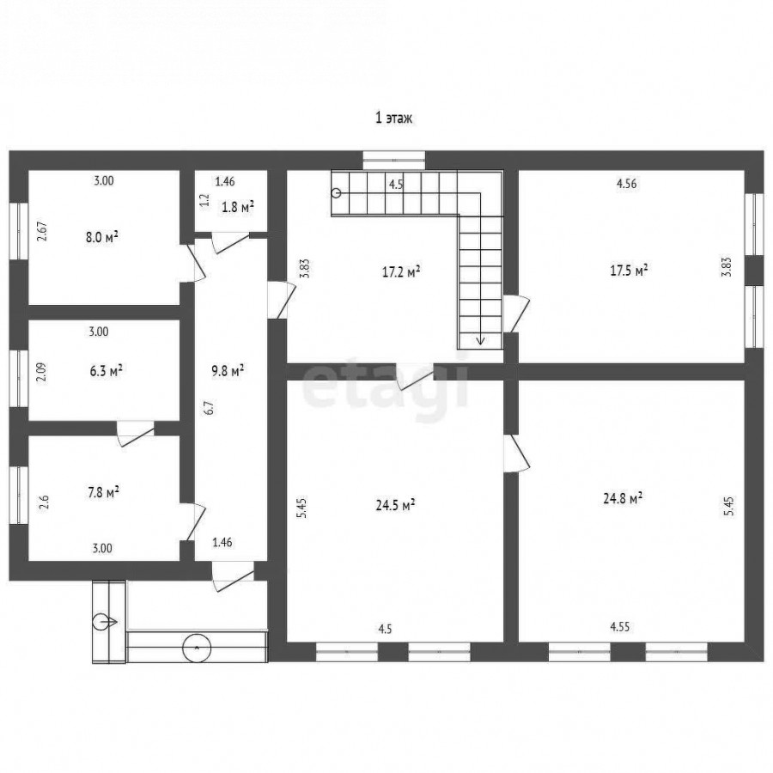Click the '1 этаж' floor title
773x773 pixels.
[x=393, y=119]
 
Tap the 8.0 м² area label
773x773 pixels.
[x=102, y=237]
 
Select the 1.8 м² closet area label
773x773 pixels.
[x=238, y=207]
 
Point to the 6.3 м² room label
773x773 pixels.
[x=106, y=371]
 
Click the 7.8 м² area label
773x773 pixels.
[x=103, y=492]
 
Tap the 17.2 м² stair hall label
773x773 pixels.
[x=401, y=271]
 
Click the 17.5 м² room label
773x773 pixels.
[x=629, y=271]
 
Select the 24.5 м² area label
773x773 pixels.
[x=395, y=505]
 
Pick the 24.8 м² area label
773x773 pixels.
[x=623, y=498]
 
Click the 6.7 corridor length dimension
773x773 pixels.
[x=210, y=408]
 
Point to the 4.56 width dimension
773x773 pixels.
[x=627, y=184]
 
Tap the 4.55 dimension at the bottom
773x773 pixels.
[x=619, y=627]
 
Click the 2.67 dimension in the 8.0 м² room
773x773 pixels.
[x=43, y=231]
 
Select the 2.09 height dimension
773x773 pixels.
[x=42, y=372]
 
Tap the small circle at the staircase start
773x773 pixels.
[x=337, y=192]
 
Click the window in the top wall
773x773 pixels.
[x=394, y=161]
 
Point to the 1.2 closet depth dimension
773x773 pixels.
[x=205, y=199]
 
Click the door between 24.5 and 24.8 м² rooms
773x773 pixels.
[x=516, y=453]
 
